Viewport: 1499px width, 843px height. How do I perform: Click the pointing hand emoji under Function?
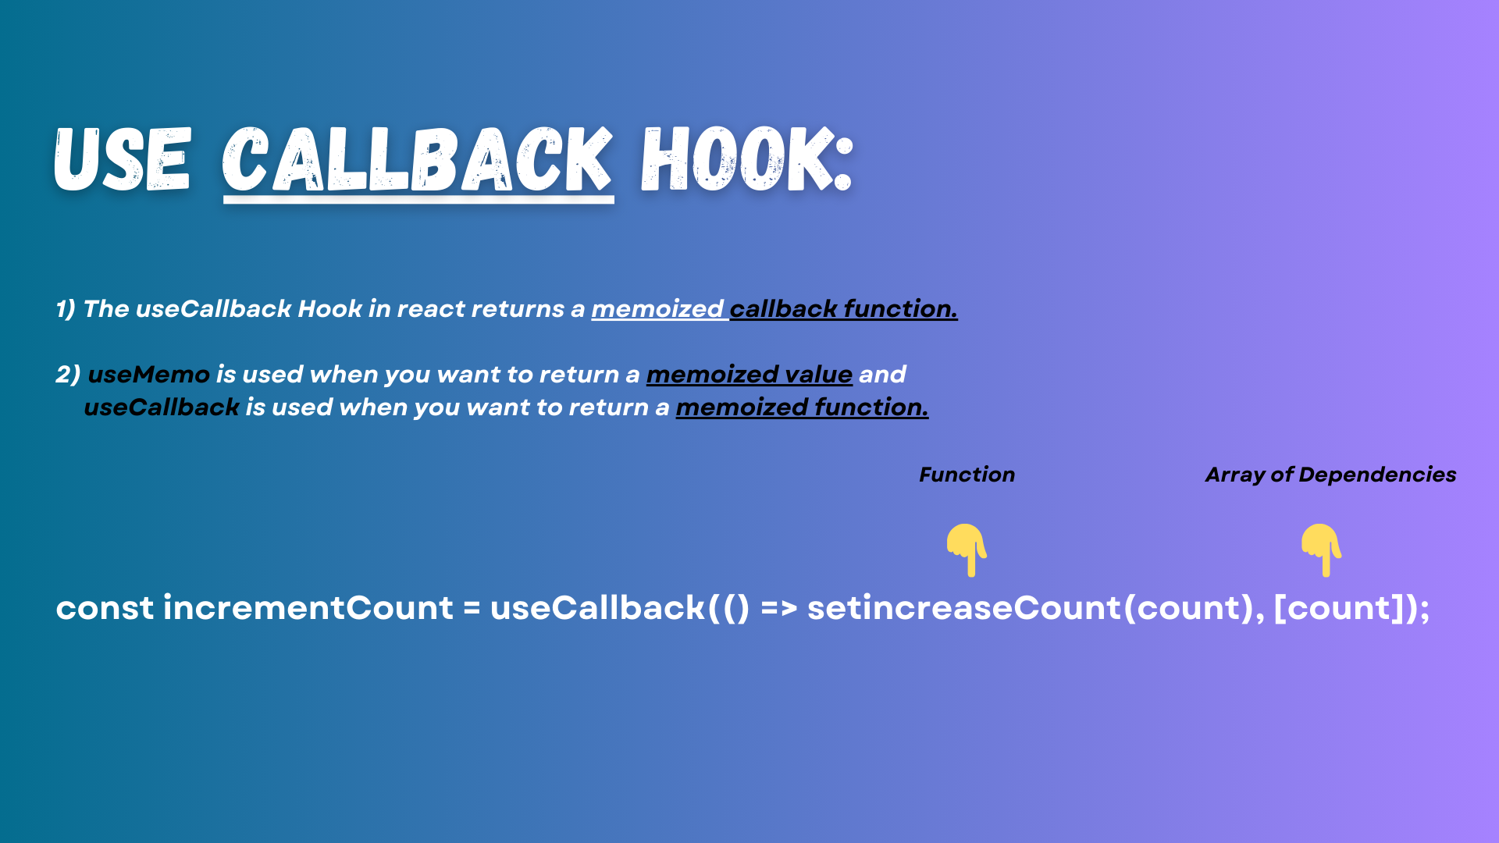pyautogui.click(x=967, y=550)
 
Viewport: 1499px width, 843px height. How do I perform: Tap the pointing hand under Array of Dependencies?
pyautogui.click(x=1321, y=550)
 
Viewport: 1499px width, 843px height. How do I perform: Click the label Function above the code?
pyautogui.click(x=967, y=475)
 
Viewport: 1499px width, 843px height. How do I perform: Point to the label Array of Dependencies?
pyautogui.click(x=1330, y=475)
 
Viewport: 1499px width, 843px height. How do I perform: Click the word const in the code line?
pyautogui.click(x=105, y=608)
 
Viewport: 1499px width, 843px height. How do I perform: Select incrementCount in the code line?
pyautogui.click(x=308, y=608)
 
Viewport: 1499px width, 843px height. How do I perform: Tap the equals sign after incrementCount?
pyautogui.click(x=472, y=609)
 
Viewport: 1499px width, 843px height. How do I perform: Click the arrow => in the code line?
pyautogui.click(x=778, y=609)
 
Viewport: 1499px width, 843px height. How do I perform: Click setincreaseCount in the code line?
pyautogui.click(x=963, y=608)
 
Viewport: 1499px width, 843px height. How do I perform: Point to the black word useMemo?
pyautogui.click(x=148, y=375)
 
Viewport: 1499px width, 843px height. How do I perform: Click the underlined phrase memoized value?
pyautogui.click(x=749, y=375)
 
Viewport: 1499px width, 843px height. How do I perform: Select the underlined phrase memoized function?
pyautogui.click(x=802, y=407)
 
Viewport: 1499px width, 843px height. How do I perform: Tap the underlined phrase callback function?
pyautogui.click(x=843, y=309)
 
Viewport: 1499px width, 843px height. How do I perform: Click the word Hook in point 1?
pyautogui.click(x=329, y=309)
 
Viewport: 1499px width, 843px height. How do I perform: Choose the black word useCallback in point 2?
pyautogui.click(x=162, y=407)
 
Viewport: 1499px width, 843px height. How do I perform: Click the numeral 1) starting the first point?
pyautogui.click(x=66, y=309)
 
